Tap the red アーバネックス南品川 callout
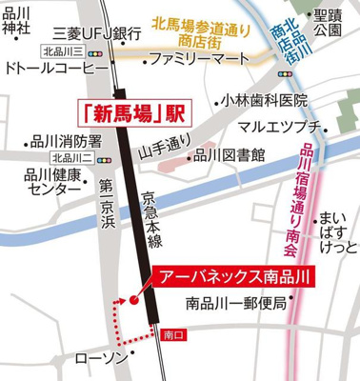(232, 277)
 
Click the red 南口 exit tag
(172, 335)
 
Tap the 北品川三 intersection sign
(63, 50)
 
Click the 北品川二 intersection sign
(70, 157)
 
